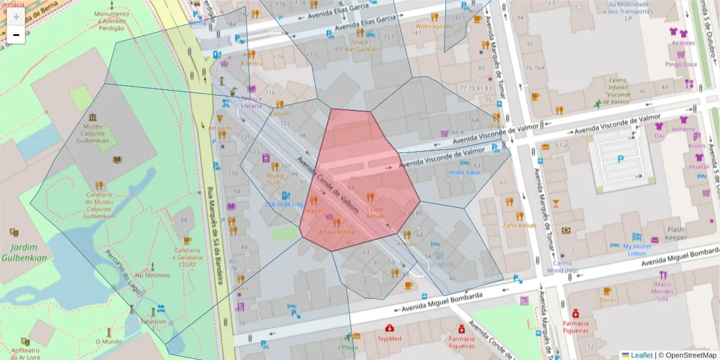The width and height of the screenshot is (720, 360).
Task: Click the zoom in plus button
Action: pyautogui.click(x=16, y=16)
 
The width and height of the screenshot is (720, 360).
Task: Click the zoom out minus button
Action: pyautogui.click(x=16, y=35)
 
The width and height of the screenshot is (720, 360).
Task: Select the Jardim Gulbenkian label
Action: pyautogui.click(x=24, y=253)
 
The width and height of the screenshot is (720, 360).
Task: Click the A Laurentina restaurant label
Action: pyautogui.click(x=337, y=232)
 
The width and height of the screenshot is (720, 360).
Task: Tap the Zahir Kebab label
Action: pyautogui.click(x=520, y=225)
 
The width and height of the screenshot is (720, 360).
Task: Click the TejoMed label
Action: pyautogui.click(x=389, y=338)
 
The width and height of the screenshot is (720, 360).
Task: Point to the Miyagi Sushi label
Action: pyautogui.click(x=275, y=178)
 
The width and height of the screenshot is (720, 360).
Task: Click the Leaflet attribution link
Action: pyautogui.click(x=641, y=355)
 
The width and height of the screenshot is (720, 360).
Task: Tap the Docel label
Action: pyautogui.click(x=607, y=299)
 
